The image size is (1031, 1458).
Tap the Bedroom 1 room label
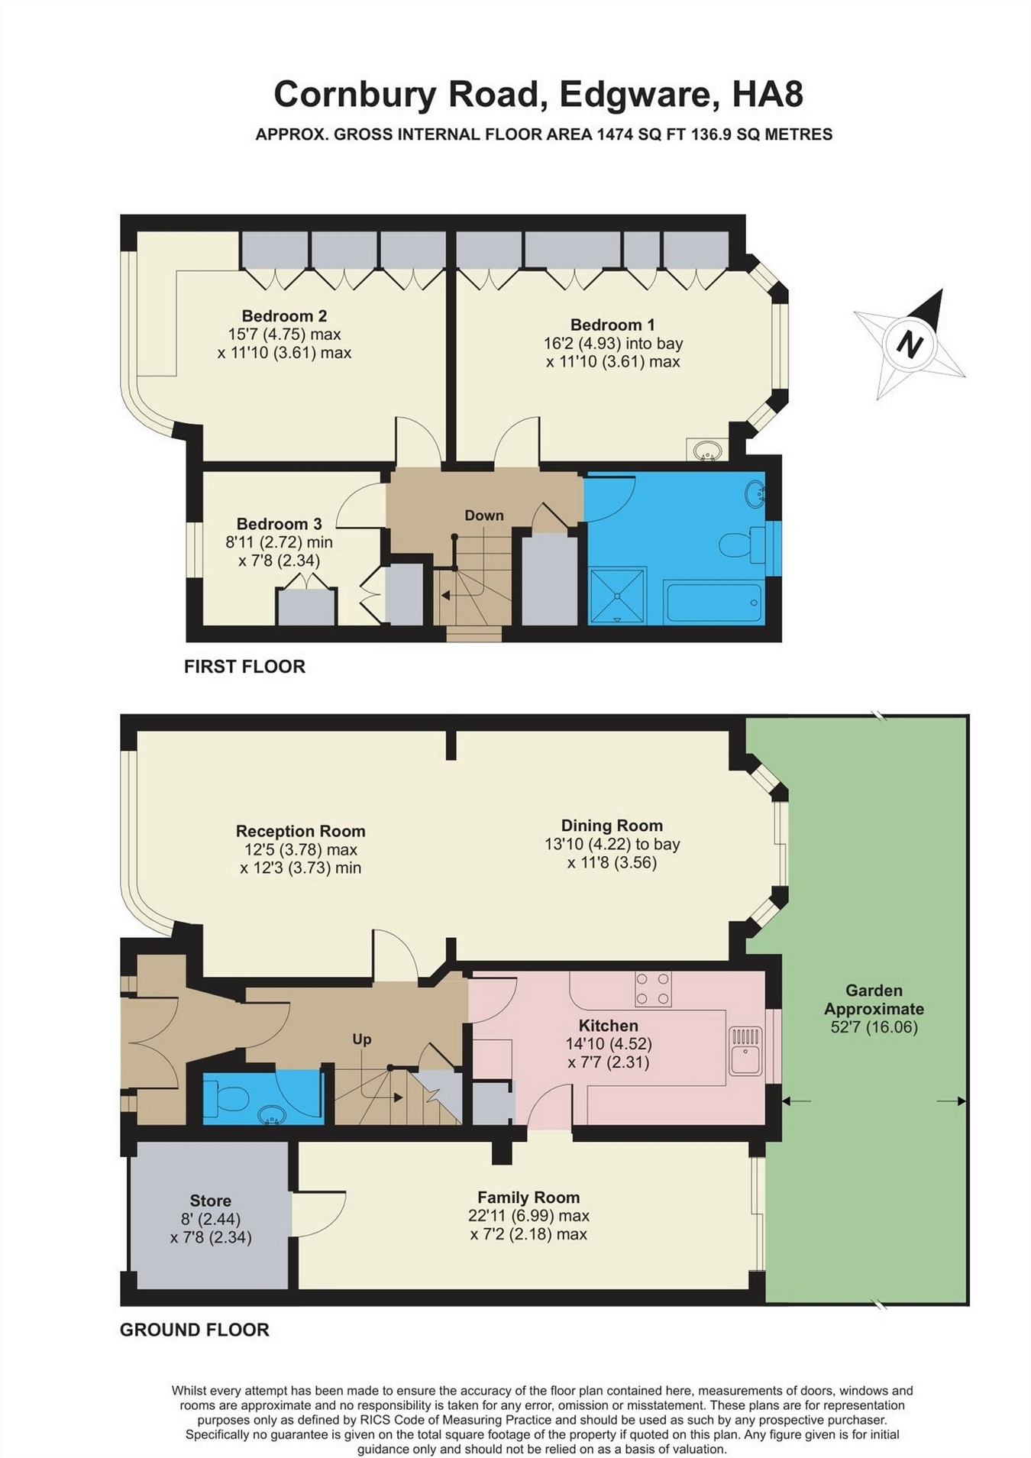coord(612,325)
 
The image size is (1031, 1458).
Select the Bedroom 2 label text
coord(284,315)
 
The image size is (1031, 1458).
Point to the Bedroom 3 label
coord(279,524)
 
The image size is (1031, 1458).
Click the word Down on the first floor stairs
coord(484,516)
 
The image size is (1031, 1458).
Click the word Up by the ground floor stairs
coord(362,1039)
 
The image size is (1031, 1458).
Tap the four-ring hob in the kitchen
coord(653,989)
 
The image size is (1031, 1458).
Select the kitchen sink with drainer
coord(745,1051)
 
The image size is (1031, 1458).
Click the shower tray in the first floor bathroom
coord(618,596)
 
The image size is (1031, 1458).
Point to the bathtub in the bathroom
coord(713,603)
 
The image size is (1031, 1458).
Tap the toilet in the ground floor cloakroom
coord(226,1101)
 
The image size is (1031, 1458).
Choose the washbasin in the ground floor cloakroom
coord(271,1116)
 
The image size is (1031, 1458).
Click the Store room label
coord(210,1201)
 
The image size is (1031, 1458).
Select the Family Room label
coord(528,1198)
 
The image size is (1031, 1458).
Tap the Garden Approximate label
coord(874,1000)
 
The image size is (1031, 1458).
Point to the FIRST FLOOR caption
coord(244,667)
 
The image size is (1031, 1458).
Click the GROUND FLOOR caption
coord(195,1330)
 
